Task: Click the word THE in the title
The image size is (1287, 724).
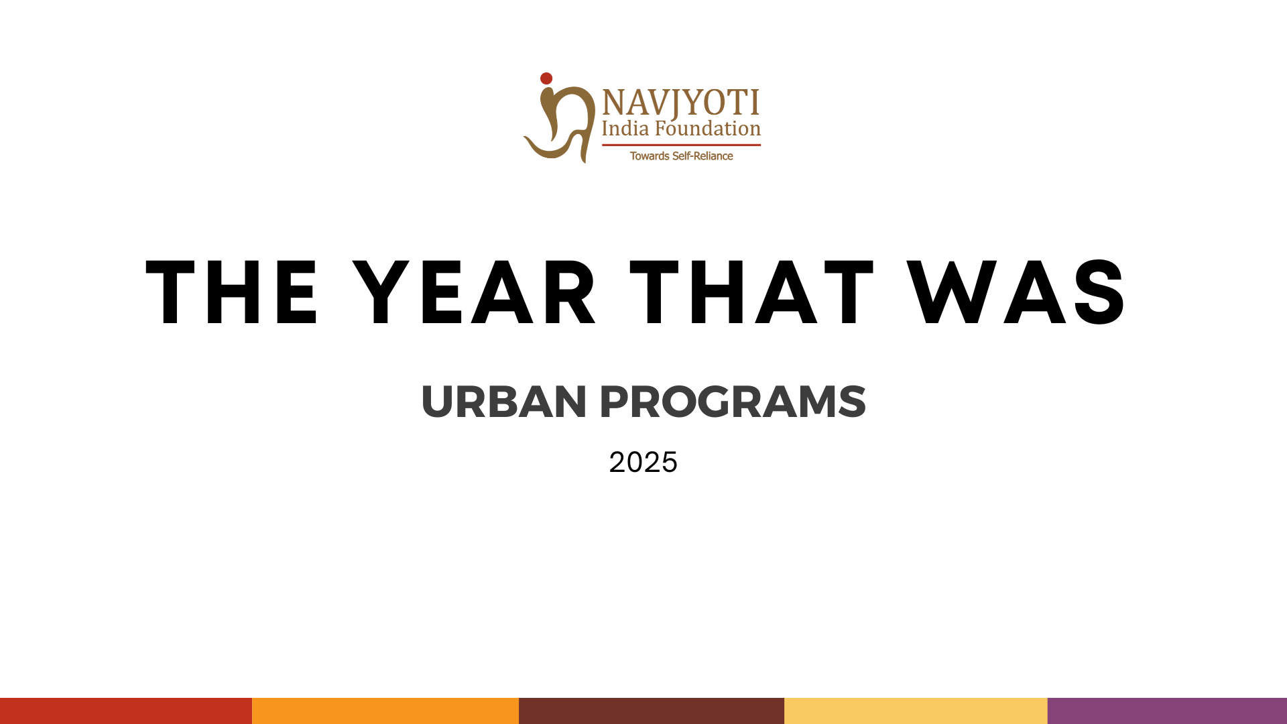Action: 231,292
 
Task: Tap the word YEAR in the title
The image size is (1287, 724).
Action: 474,292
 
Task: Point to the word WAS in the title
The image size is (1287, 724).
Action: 1017,292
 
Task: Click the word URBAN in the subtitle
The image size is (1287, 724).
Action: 504,402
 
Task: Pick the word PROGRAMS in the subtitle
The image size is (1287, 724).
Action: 733,402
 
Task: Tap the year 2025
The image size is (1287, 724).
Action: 643,463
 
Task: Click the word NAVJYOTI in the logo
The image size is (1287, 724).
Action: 681,103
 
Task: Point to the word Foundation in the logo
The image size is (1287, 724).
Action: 708,128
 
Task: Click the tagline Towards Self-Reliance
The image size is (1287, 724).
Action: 681,156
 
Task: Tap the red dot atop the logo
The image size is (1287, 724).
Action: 546,78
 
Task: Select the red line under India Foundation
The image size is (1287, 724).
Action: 681,145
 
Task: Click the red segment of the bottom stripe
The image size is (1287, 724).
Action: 126,711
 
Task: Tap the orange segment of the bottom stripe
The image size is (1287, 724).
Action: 385,711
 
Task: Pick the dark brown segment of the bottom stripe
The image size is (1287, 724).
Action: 652,711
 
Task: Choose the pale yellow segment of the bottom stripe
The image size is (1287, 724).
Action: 916,711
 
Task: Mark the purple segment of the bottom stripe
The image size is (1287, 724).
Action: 1167,711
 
